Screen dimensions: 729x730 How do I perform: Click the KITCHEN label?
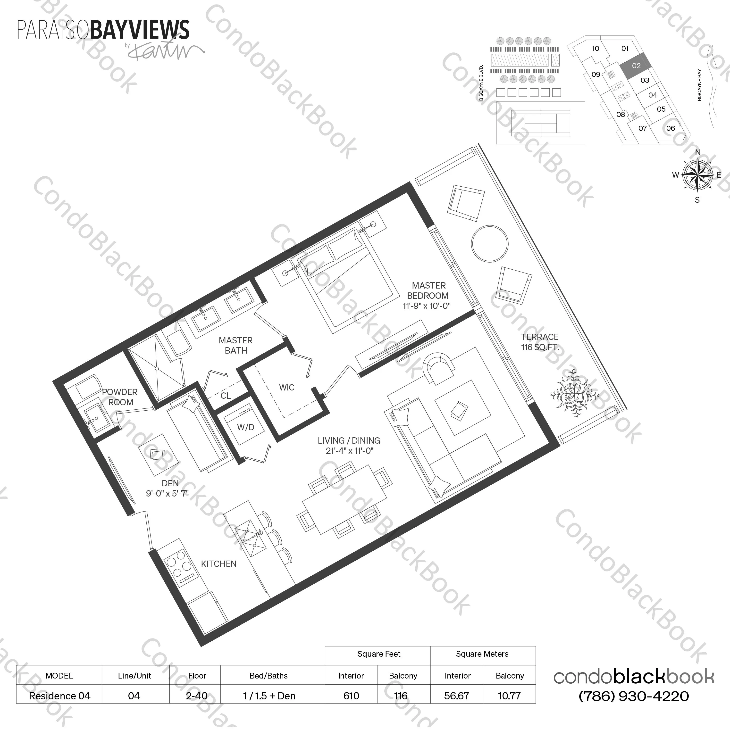tap(218, 564)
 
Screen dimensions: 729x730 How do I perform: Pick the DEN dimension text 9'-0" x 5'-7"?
tap(167, 493)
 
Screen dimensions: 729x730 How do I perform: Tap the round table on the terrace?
tap(489, 244)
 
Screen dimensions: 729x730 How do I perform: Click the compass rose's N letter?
tap(697, 152)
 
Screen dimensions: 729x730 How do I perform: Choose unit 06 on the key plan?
tap(670, 128)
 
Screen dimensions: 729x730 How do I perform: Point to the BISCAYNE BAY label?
tap(699, 85)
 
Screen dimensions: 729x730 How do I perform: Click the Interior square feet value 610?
tap(351, 696)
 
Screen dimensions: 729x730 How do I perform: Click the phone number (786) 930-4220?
tap(633, 696)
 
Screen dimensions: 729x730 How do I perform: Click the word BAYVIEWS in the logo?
tap(140, 30)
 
